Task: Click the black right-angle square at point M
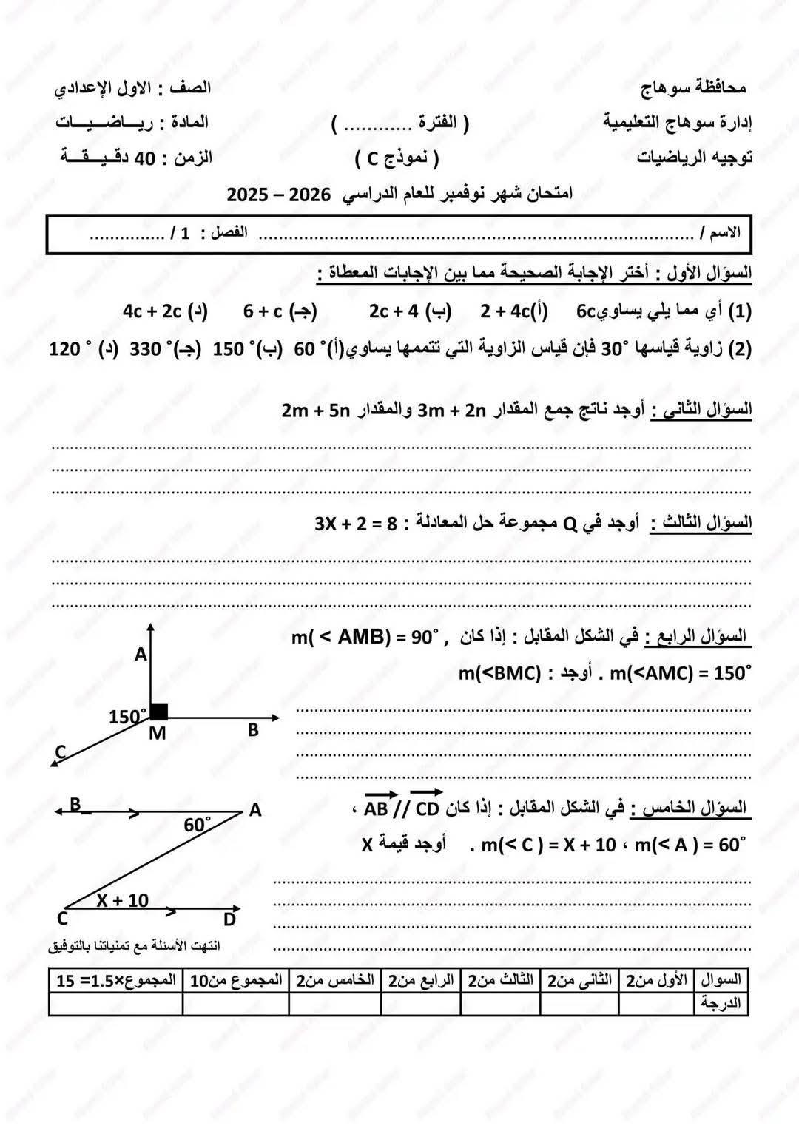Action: click(159, 712)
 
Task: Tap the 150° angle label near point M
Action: click(127, 717)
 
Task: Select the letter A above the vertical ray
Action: click(141, 655)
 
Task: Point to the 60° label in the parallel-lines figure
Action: click(198, 825)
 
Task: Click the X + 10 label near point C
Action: click(122, 900)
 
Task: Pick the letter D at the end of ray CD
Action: click(229, 919)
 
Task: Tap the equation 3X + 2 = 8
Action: click(356, 524)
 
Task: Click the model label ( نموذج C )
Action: click(397, 158)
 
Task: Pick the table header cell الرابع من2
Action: click(421, 981)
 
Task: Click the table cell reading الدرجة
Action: click(721, 1004)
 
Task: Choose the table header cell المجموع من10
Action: click(236, 981)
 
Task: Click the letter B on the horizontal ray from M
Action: click(253, 730)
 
